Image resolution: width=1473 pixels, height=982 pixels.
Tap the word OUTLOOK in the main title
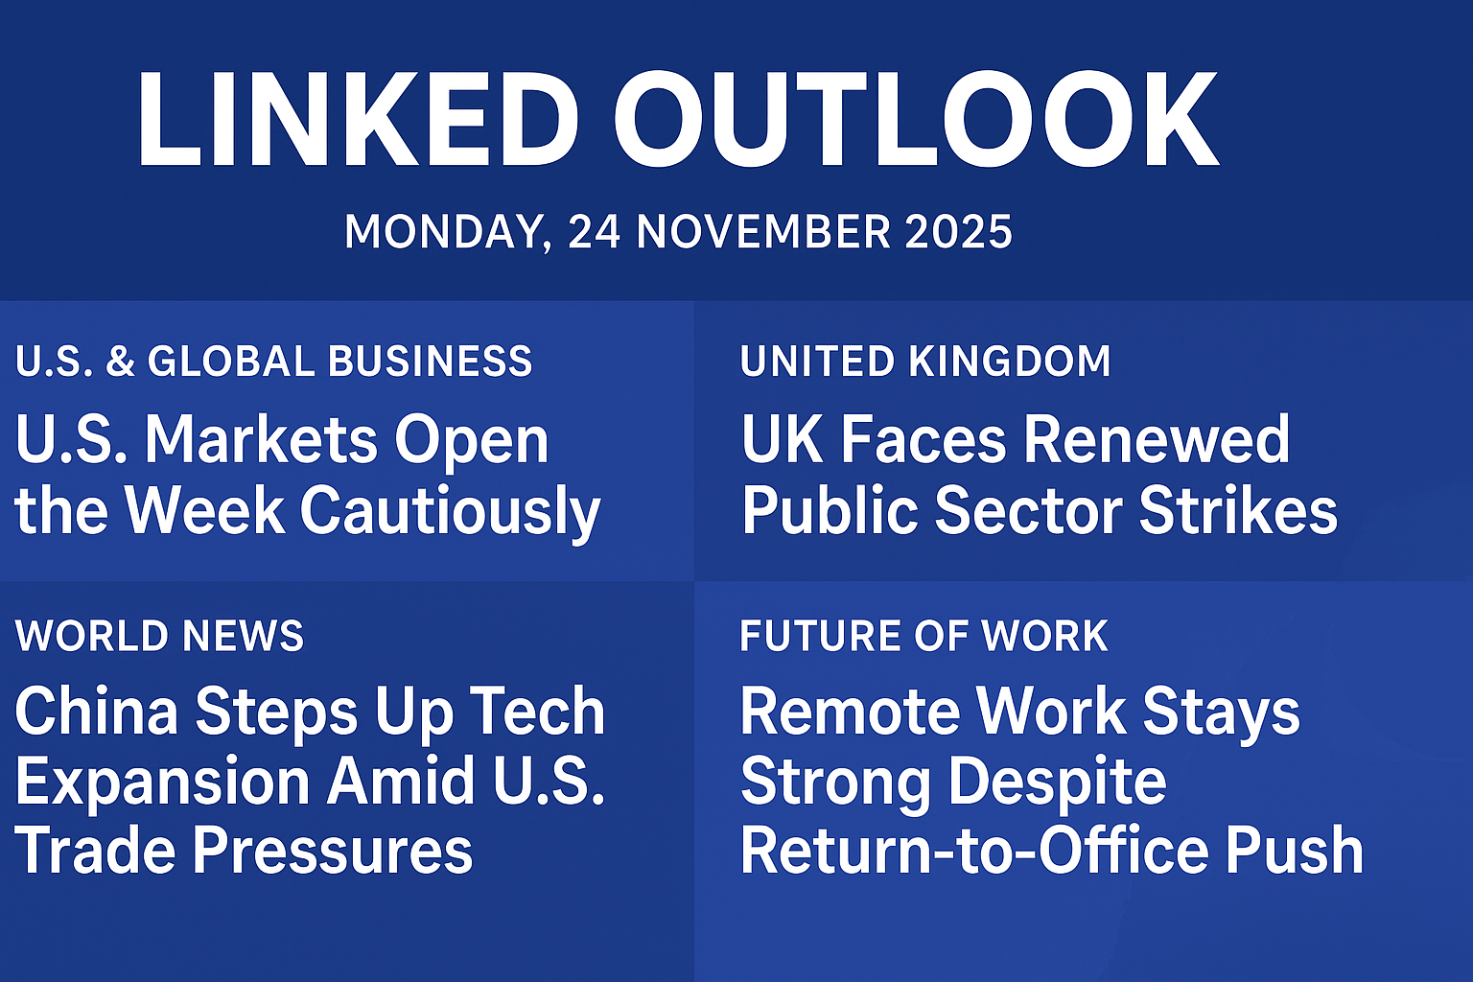click(x=917, y=121)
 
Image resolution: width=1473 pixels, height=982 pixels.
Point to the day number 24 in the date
click(x=594, y=232)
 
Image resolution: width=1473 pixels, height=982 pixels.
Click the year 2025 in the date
click(x=958, y=232)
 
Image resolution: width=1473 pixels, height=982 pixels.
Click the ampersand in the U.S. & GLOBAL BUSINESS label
click(x=121, y=362)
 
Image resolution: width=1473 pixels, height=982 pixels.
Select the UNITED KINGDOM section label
click(x=925, y=362)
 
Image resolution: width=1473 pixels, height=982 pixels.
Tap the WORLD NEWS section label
click(x=159, y=636)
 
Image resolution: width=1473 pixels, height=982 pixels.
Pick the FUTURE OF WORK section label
click(x=924, y=636)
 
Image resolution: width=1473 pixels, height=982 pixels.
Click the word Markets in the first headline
click(x=262, y=440)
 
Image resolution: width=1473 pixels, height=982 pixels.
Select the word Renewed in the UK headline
click(x=1157, y=440)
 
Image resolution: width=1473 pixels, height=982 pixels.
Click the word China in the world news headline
click(x=97, y=712)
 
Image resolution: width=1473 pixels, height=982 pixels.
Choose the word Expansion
click(x=163, y=782)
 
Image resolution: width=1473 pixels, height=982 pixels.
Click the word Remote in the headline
click(x=848, y=712)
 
